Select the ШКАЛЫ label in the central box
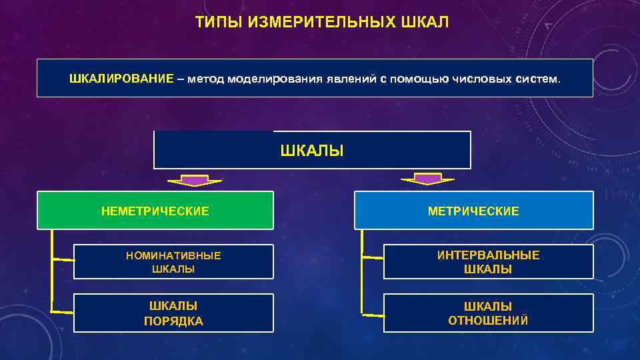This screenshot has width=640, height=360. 312,151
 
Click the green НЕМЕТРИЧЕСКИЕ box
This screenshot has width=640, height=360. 155,211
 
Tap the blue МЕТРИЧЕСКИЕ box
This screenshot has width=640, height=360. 473,211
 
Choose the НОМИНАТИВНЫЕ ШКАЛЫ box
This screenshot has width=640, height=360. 173,262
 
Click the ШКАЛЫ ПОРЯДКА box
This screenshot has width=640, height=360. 173,313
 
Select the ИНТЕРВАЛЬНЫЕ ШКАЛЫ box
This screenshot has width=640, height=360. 488,262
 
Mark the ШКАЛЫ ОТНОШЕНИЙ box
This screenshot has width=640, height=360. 488,313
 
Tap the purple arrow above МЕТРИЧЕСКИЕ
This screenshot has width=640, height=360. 427,179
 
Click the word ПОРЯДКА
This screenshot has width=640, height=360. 173,321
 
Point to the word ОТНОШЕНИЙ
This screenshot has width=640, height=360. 488,321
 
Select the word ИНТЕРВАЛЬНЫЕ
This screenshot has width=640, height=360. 488,255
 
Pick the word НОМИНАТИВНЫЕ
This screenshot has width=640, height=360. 173,255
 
